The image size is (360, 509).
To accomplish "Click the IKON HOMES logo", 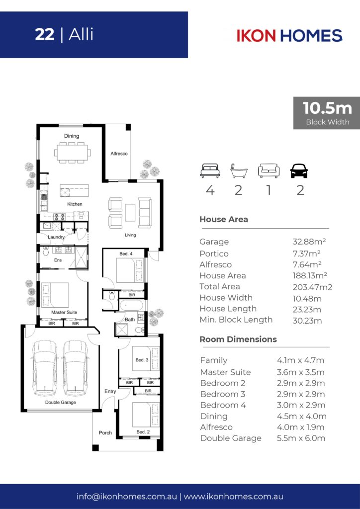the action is tap(289, 35).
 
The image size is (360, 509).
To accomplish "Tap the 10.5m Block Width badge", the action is tap(327, 113).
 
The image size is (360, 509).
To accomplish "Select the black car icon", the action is tap(299, 171).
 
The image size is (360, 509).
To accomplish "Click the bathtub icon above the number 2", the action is tap(239, 171).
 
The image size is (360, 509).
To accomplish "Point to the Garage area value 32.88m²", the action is tap(309, 242).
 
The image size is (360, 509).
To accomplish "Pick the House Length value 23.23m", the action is tap(307, 309).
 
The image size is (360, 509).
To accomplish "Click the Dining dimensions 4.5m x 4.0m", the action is tap(301, 416).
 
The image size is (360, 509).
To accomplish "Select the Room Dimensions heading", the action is tap(238, 339).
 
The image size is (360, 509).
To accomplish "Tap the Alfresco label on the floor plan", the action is tap(119, 154).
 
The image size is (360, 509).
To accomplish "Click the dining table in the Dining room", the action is tap(72, 152).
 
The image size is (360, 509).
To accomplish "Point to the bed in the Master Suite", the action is tap(55, 295).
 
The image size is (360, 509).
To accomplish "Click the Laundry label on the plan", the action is tap(56, 237).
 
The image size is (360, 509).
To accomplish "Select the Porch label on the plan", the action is tap(105, 433).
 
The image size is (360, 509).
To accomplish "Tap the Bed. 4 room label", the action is tap(126, 254).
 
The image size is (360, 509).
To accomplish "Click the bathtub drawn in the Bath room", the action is tap(130, 306).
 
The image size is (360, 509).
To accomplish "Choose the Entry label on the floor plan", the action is tap(110, 391).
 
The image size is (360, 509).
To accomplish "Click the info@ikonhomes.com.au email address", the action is tap(127, 497).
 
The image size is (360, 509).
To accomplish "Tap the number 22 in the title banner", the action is tap(44, 34).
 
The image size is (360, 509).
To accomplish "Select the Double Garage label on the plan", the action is tap(60, 402).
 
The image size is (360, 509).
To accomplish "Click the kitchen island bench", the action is tap(74, 190).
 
